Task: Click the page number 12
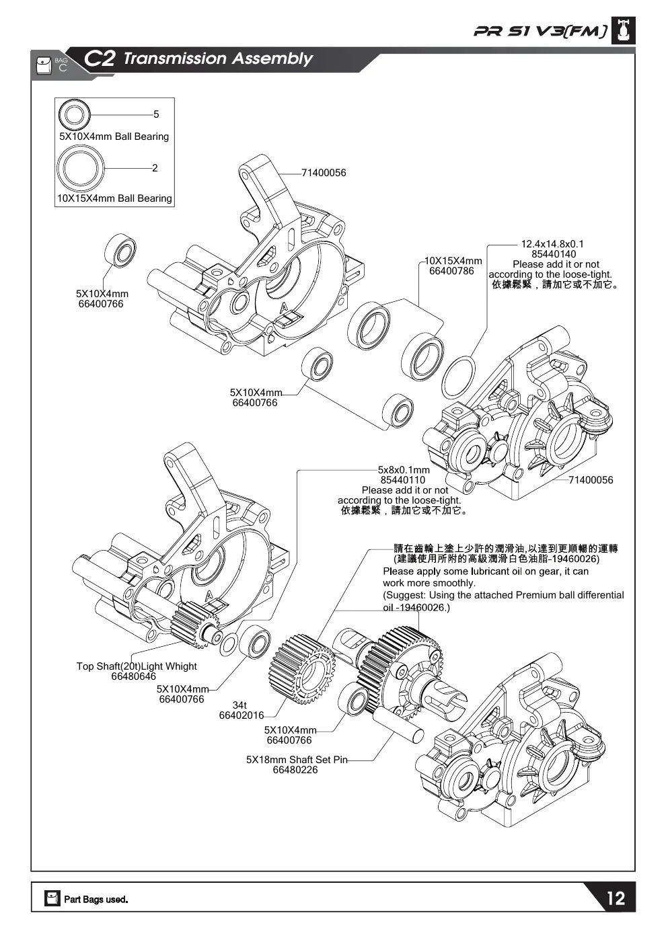tap(616, 898)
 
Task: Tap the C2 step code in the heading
tap(99, 58)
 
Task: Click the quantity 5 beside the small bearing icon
tap(156, 114)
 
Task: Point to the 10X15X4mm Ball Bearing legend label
tap(115, 198)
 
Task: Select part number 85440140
tap(554, 254)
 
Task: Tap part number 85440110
tap(403, 480)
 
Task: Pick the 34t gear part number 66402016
tap(242, 715)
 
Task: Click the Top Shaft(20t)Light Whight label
tap(137, 666)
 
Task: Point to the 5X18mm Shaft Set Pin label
tap(297, 760)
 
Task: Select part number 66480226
tap(295, 770)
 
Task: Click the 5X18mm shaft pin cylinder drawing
tap(398, 724)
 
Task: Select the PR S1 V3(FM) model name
tap(541, 32)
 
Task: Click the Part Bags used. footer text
tap(96, 900)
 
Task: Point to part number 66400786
tap(451, 271)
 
